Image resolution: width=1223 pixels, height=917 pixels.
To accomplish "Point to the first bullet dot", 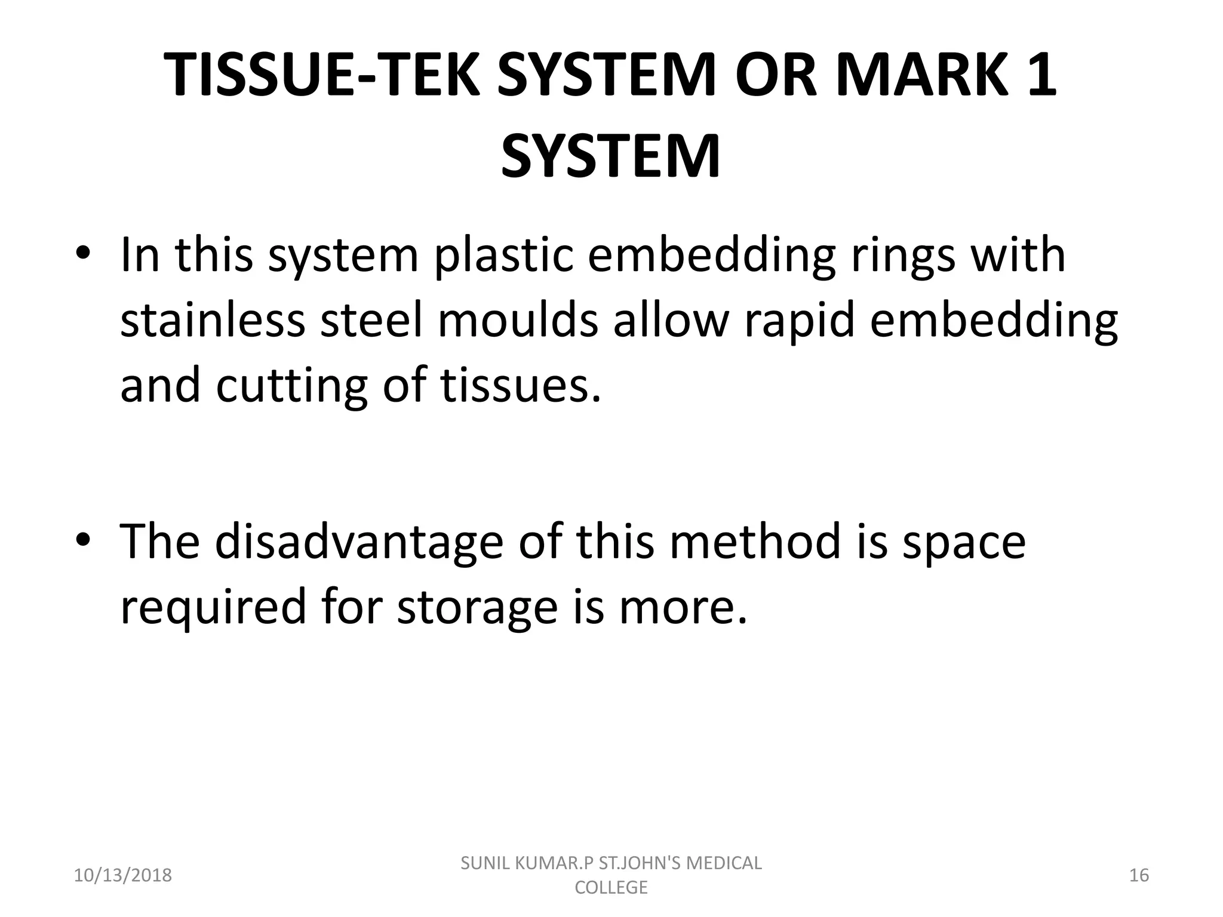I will [x=83, y=254].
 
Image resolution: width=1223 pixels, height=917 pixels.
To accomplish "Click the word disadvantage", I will [x=359, y=541].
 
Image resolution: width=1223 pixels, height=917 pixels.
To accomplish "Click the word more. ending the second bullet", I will [x=683, y=607].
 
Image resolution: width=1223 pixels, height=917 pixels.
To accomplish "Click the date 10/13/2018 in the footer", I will [x=122, y=875].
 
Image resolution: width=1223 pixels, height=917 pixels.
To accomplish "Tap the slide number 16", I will [x=1139, y=875].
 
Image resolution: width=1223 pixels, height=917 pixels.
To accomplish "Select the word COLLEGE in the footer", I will [x=611, y=887].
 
